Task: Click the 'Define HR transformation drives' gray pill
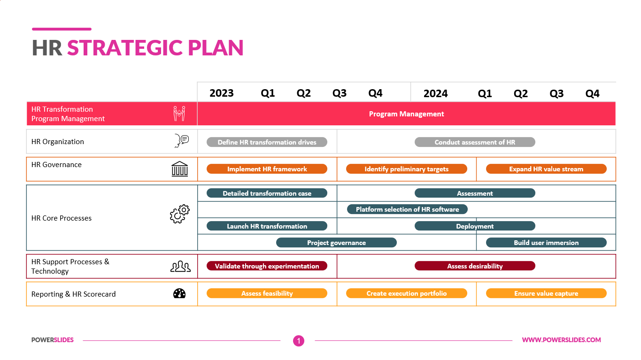click(x=267, y=142)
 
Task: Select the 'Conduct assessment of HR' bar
click(x=475, y=142)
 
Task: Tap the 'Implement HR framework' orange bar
click(x=267, y=169)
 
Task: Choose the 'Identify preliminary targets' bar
click(x=406, y=169)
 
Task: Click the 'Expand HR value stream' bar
click(x=546, y=169)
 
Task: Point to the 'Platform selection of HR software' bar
click(x=407, y=209)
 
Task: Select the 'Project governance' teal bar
click(x=336, y=243)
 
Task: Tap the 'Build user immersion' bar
click(x=546, y=243)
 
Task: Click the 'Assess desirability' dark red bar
click(x=475, y=266)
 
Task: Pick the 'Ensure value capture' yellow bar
click(x=546, y=293)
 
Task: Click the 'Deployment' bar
click(x=475, y=226)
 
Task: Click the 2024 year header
click(x=435, y=93)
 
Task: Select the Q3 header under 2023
click(x=340, y=93)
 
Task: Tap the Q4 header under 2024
click(x=592, y=93)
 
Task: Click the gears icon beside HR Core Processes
click(x=180, y=214)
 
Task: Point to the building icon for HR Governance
click(x=180, y=169)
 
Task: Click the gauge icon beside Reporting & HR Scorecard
click(x=179, y=293)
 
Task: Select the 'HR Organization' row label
click(x=57, y=142)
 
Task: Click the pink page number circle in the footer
click(x=299, y=341)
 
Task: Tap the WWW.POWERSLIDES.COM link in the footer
click(x=561, y=340)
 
